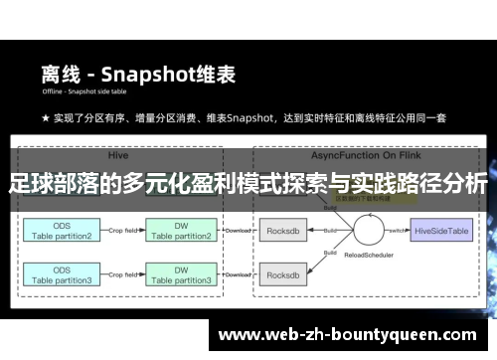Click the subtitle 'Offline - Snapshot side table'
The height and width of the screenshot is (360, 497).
(88, 94)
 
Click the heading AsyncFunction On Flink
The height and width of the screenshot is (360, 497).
(353, 156)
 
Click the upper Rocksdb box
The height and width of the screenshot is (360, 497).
(283, 231)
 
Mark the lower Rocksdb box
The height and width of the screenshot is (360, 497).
(283, 275)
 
